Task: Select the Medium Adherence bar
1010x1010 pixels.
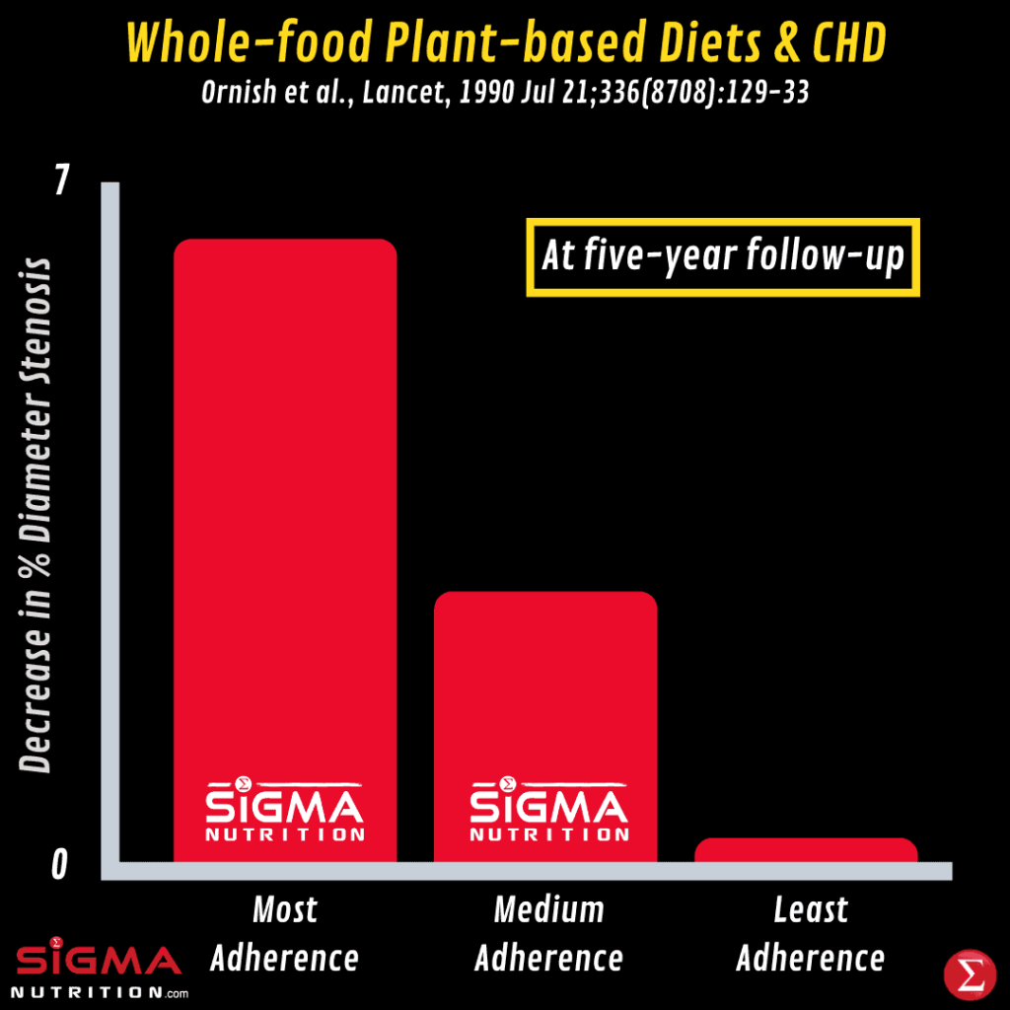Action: tap(545, 690)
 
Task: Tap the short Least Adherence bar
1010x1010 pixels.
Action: tap(806, 850)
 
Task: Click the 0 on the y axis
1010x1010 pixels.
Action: tap(61, 865)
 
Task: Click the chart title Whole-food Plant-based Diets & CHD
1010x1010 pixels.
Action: tap(505, 43)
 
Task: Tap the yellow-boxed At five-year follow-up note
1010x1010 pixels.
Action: tap(723, 257)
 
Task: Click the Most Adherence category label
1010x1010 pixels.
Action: tap(285, 933)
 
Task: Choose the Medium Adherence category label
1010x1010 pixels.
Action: tap(548, 933)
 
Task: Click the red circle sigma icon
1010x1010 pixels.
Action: tap(968, 974)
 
